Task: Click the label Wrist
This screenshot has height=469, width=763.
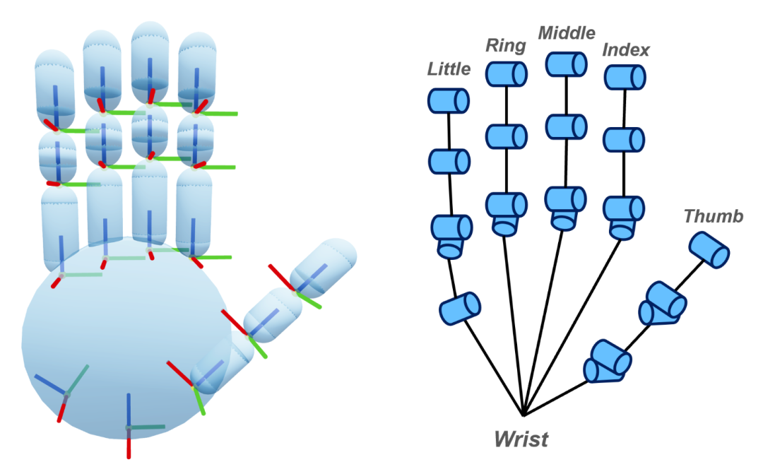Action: click(521, 439)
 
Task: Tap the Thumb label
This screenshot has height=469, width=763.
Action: click(714, 216)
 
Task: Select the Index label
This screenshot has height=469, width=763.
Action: click(626, 50)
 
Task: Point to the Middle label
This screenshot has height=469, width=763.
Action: click(567, 33)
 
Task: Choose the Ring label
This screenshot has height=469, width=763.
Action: click(506, 46)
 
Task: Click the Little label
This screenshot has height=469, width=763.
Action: click(449, 69)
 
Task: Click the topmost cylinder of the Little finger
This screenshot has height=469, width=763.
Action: click(449, 100)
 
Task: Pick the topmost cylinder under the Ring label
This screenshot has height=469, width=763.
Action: click(507, 73)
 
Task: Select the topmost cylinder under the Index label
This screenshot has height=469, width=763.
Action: click(625, 77)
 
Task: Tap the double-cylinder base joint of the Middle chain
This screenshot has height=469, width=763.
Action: click(566, 207)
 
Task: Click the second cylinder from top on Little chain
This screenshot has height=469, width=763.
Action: click(449, 161)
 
